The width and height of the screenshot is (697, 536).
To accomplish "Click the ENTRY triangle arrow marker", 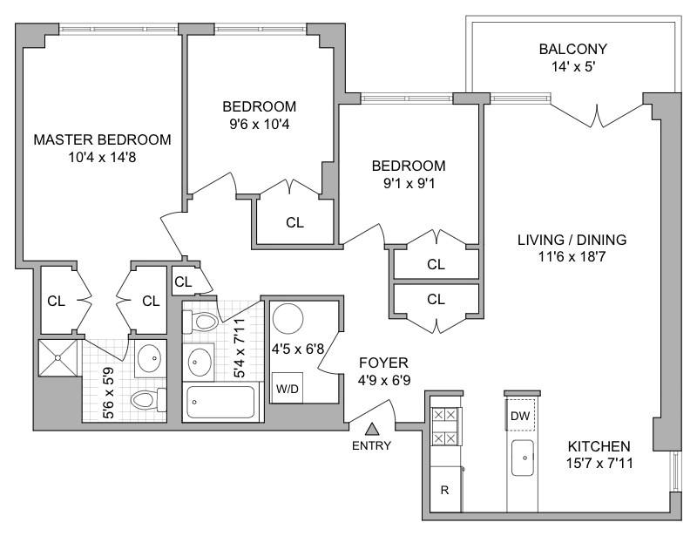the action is [372, 429].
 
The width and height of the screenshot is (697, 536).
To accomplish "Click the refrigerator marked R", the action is [444, 490].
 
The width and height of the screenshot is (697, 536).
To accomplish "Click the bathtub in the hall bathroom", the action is [223, 404].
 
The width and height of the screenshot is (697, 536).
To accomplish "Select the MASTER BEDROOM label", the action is [102, 139].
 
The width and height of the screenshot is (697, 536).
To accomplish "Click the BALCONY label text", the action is [572, 49].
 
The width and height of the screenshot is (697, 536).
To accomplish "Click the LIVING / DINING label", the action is [572, 240].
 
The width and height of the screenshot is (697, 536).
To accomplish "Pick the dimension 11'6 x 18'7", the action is [572, 256].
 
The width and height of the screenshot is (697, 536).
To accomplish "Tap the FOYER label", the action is [383, 363].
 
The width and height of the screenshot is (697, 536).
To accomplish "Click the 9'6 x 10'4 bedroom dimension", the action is [259, 124].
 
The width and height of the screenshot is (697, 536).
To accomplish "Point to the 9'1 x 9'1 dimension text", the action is [408, 182].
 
